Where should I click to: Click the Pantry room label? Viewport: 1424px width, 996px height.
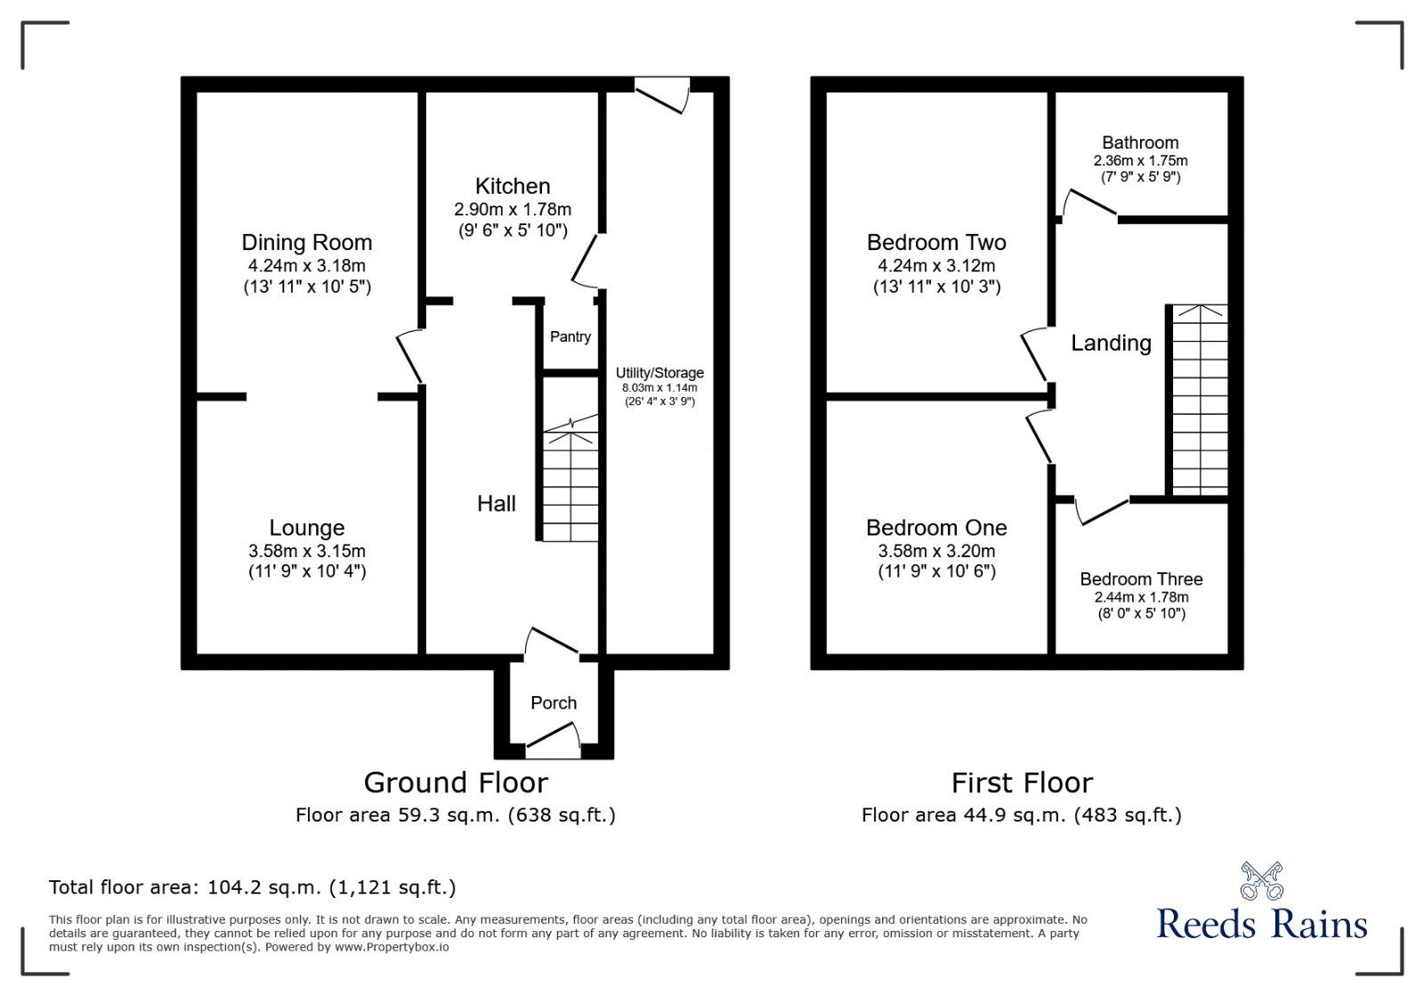tap(570, 336)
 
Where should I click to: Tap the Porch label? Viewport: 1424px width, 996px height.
tap(554, 703)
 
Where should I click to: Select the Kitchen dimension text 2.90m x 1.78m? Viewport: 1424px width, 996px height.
tap(513, 210)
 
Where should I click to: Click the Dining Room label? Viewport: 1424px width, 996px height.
tap(307, 242)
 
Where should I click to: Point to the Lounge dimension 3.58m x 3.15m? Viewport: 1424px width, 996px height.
tap(307, 551)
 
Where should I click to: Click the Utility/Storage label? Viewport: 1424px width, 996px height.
tap(659, 373)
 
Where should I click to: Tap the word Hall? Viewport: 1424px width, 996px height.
tap(496, 504)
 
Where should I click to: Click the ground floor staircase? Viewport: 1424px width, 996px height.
tap(570, 481)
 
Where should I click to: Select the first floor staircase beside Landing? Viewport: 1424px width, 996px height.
tap(1200, 401)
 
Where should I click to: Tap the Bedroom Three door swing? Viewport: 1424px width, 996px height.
tap(1102, 510)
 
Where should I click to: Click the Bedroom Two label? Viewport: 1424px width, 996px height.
tap(936, 242)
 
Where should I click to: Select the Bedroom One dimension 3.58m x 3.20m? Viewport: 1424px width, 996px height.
tap(936, 551)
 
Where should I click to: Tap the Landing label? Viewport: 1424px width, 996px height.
tap(1111, 343)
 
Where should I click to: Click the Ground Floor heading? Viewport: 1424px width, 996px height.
tap(456, 782)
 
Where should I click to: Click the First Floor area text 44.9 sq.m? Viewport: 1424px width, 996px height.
tap(1021, 814)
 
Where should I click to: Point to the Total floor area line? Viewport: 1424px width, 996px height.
tap(252, 887)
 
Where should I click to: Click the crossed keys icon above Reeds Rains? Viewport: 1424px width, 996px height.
tap(1262, 880)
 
